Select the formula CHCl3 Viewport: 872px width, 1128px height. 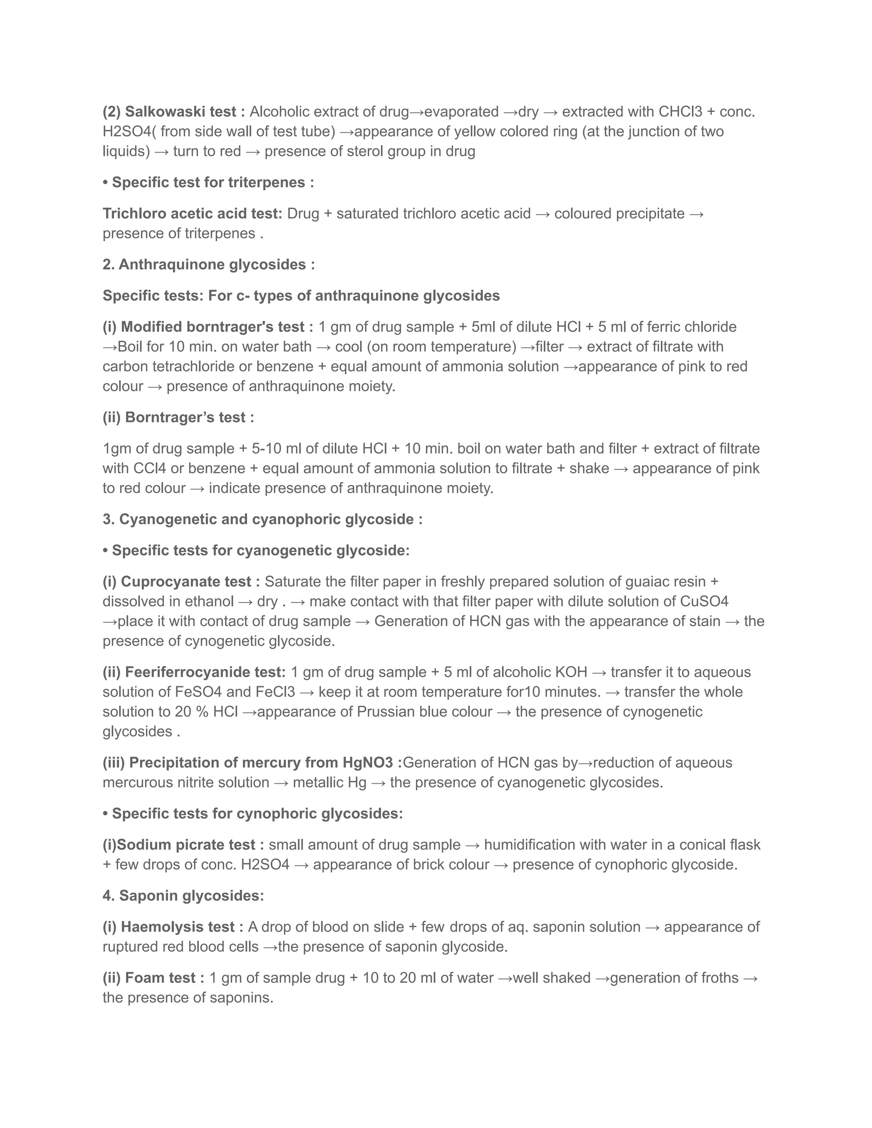click(680, 112)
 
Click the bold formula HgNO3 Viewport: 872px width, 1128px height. click(369, 763)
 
